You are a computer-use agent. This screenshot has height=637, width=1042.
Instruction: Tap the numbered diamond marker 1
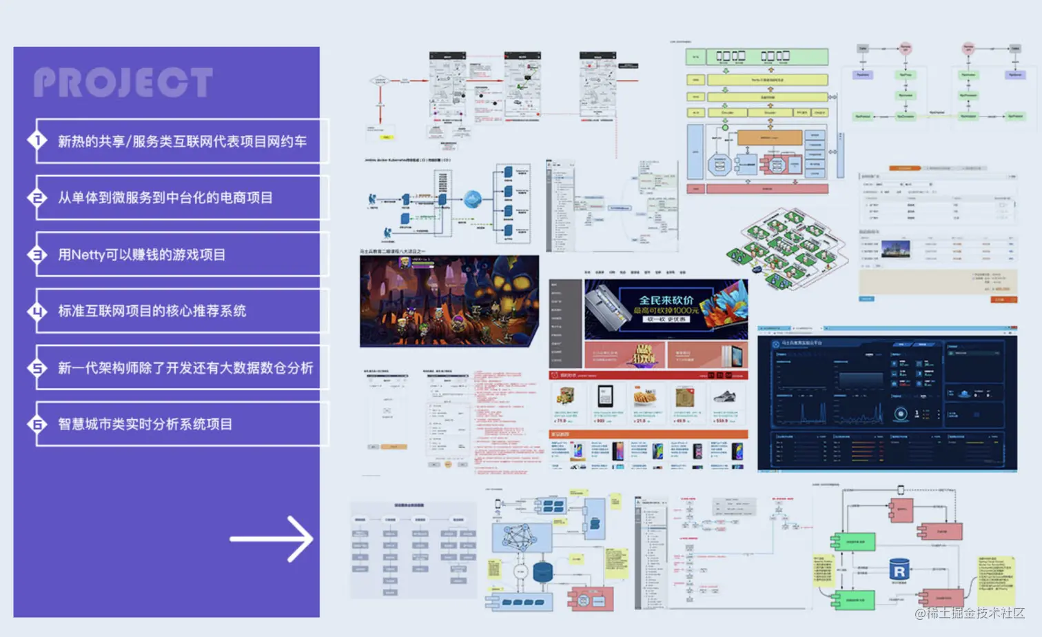pyautogui.click(x=37, y=141)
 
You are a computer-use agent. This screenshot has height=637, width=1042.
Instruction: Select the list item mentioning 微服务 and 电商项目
pyautogui.click(x=165, y=198)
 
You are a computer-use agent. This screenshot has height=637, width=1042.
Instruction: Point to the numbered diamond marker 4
pyautogui.click(x=37, y=312)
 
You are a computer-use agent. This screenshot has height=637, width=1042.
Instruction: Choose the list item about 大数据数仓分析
pyautogui.click(x=185, y=368)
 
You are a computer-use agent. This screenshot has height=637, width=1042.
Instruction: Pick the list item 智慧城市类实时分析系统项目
pyautogui.click(x=145, y=425)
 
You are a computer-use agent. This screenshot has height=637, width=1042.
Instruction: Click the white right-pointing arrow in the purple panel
pyautogui.click(x=272, y=538)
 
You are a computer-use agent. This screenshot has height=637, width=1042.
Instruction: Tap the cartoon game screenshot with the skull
pyautogui.click(x=449, y=301)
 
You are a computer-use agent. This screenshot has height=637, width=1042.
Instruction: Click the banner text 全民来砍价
pyautogui.click(x=666, y=300)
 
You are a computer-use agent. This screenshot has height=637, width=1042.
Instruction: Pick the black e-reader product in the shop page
pyautogui.click(x=605, y=396)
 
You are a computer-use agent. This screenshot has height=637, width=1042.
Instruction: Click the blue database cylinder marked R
pyautogui.click(x=899, y=570)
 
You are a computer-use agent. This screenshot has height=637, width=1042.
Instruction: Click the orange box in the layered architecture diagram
pyautogui.click(x=770, y=137)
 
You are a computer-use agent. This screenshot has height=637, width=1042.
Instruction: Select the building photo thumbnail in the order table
pyautogui.click(x=895, y=249)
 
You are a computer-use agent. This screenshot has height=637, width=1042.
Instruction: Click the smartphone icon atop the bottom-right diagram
pyautogui.click(x=900, y=490)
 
